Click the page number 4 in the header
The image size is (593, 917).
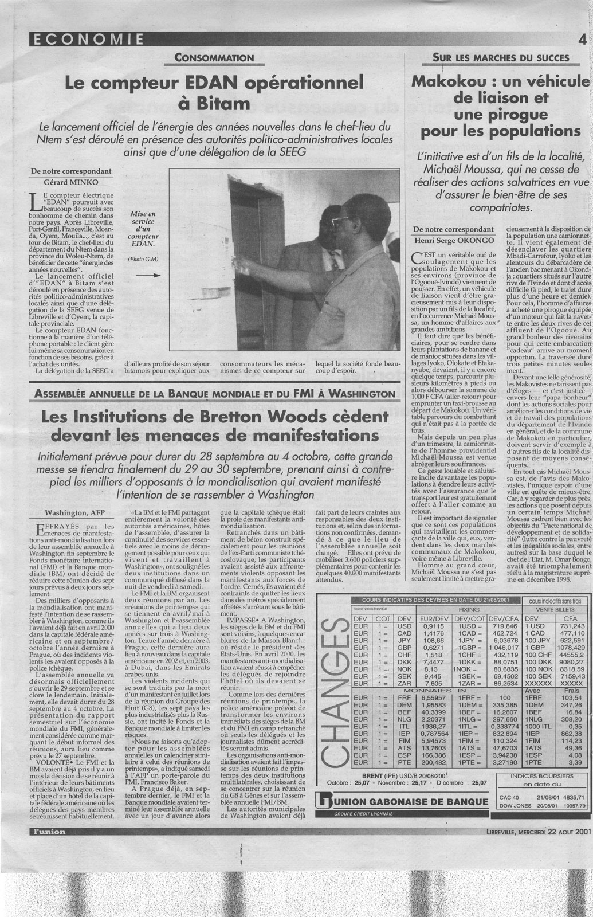(582, 40)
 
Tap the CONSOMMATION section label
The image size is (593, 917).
(214, 57)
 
